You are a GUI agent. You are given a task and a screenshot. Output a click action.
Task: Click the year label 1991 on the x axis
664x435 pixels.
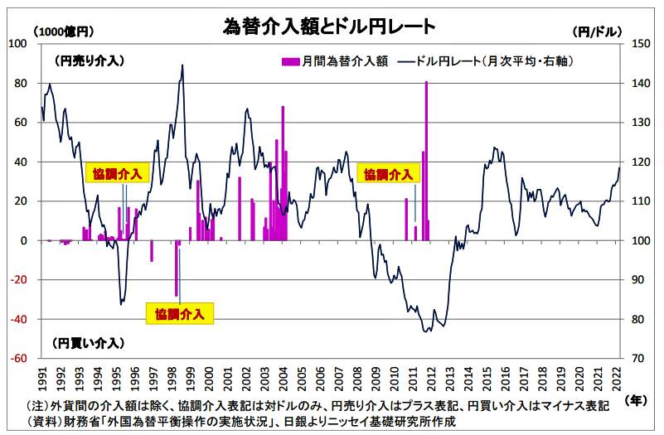click(x=42, y=377)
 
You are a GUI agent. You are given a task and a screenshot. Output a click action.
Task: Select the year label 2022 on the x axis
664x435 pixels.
click(x=617, y=377)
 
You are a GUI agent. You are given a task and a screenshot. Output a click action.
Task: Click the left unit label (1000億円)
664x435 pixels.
click(x=64, y=31)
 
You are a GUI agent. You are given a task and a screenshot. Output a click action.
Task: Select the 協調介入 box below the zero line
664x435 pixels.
click(x=180, y=313)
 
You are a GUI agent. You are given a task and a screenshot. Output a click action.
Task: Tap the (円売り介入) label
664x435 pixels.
click(x=88, y=60)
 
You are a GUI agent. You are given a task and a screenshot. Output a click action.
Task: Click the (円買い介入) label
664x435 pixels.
click(x=88, y=342)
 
